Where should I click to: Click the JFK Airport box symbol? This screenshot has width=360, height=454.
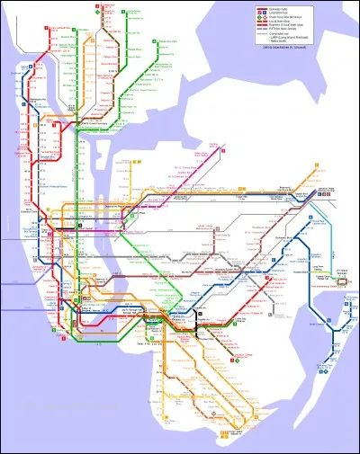(342, 280)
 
